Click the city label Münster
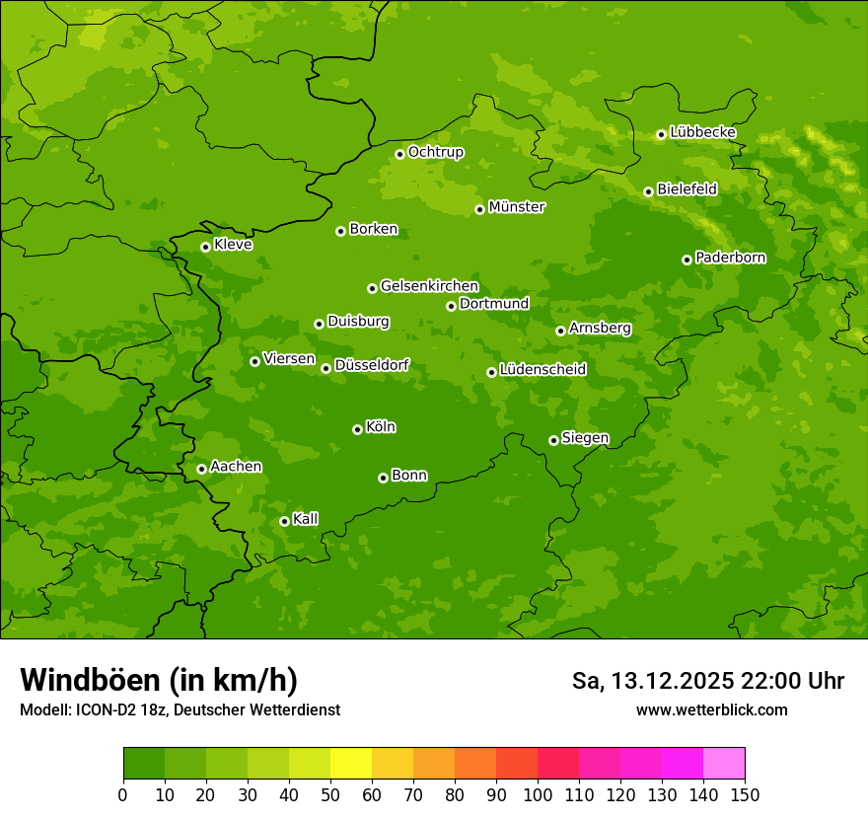517,207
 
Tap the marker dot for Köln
357,429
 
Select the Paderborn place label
730,258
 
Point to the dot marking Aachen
201,469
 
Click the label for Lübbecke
702,132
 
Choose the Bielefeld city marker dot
648,191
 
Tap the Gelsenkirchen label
429,286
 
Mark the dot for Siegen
553,440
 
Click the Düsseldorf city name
372,366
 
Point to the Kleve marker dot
205,247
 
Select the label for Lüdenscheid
542,370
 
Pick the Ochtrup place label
435,152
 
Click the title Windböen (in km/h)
159,680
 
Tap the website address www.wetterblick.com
711,709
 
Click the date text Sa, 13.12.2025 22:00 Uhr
707,681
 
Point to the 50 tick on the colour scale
330,794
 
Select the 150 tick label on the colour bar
745,794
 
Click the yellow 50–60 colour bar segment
351,764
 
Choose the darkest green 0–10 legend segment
144,764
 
